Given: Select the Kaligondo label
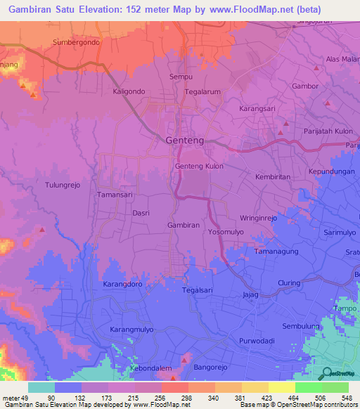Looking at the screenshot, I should coord(129,91).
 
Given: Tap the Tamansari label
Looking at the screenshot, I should coord(115,195).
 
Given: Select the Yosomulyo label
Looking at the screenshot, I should coord(228,231).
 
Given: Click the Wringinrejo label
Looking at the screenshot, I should coord(259,218).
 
